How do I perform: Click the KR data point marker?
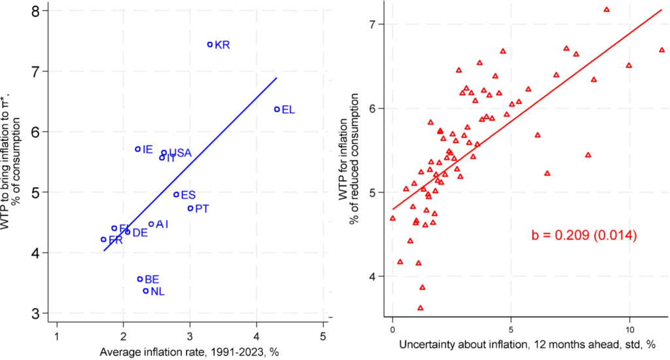(x=210, y=45)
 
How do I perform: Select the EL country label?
(x=288, y=110)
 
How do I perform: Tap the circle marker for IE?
(x=137, y=149)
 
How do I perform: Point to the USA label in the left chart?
(x=181, y=153)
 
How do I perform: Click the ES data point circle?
(x=176, y=194)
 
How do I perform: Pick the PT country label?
(x=202, y=209)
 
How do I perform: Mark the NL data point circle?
(x=146, y=291)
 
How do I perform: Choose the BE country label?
(x=152, y=279)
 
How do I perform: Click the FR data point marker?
(x=103, y=240)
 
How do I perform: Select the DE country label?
(x=140, y=232)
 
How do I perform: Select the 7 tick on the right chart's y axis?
(x=374, y=24)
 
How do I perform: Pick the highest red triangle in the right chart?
(x=607, y=10)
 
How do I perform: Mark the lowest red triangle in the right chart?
(x=420, y=308)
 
